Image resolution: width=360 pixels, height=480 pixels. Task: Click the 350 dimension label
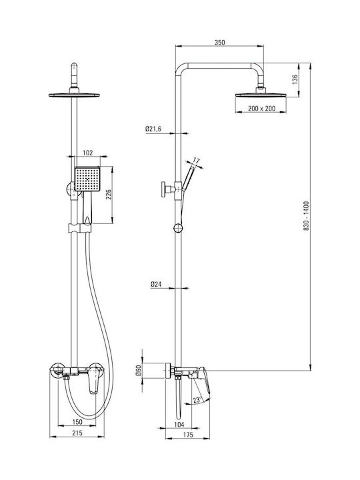coord(219,42)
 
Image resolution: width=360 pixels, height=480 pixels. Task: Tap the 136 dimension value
coord(295,79)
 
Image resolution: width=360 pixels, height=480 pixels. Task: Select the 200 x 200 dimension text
coord(261,109)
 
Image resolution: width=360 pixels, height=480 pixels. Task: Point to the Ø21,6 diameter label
coord(153,129)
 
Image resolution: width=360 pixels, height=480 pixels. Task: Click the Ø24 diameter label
coord(156,285)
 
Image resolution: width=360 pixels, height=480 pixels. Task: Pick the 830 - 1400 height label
coord(307,216)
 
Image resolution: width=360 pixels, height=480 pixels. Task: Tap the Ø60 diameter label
coord(139,371)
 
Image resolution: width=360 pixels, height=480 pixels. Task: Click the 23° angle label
coord(197,400)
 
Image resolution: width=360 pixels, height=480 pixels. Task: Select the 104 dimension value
coord(179,424)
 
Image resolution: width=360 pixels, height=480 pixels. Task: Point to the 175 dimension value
coord(188,435)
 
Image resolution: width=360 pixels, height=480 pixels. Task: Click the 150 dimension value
coord(77,422)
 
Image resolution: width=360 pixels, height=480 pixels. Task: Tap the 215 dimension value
coord(77,433)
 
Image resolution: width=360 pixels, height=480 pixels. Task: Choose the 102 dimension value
coord(87,153)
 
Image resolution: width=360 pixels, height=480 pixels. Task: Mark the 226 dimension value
coord(109,195)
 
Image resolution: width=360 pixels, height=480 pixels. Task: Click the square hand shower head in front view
coord(87,179)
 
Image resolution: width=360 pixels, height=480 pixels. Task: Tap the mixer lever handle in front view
coord(95,381)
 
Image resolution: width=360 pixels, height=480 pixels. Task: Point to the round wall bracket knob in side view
coord(164,189)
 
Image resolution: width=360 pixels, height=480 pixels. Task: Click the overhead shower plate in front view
coord(74,95)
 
